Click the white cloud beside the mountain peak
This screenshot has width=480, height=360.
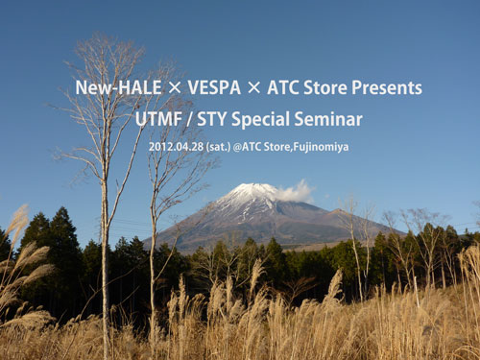point(295,191)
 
